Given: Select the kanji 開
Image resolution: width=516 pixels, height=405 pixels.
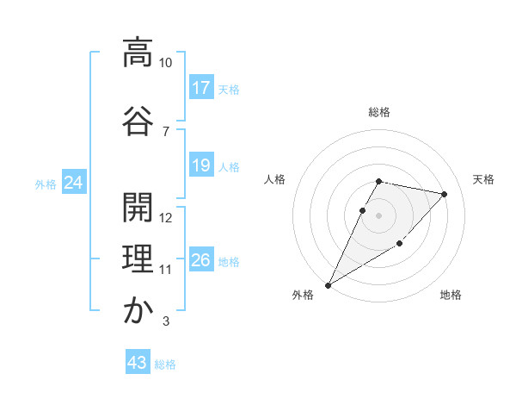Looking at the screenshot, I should (x=138, y=207).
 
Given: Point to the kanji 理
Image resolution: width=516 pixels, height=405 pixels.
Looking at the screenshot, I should (x=138, y=259).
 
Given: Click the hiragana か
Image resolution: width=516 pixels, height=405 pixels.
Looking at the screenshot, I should (x=138, y=310).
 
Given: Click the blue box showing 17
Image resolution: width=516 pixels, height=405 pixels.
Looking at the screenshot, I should (x=201, y=88).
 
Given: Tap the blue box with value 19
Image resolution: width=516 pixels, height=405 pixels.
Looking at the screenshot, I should (x=201, y=165).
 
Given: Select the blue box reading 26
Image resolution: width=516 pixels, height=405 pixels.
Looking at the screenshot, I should (x=201, y=260).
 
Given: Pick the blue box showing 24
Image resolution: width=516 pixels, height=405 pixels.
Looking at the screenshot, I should (x=73, y=183).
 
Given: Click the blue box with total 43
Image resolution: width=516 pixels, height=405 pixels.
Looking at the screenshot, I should (x=138, y=363).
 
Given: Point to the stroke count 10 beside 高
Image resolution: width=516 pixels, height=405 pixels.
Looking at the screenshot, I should (x=166, y=63).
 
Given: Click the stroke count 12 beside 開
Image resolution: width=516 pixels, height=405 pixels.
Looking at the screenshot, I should (x=166, y=218).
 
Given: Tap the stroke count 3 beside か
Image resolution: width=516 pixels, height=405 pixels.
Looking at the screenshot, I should (x=165, y=322).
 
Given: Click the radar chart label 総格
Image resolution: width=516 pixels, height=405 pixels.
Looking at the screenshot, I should (x=379, y=112).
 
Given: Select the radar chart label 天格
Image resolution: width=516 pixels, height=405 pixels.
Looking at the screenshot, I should (x=483, y=179).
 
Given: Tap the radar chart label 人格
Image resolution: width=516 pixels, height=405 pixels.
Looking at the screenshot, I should (x=275, y=179).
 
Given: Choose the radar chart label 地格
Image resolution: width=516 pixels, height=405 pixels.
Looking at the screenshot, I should (x=451, y=295).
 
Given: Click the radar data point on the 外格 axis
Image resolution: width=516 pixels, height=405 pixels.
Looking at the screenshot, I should (x=328, y=284).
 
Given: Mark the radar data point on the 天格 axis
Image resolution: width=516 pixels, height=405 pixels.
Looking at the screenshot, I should (x=444, y=195).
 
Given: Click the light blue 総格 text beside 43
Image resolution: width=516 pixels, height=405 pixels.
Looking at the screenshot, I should (x=165, y=364).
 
